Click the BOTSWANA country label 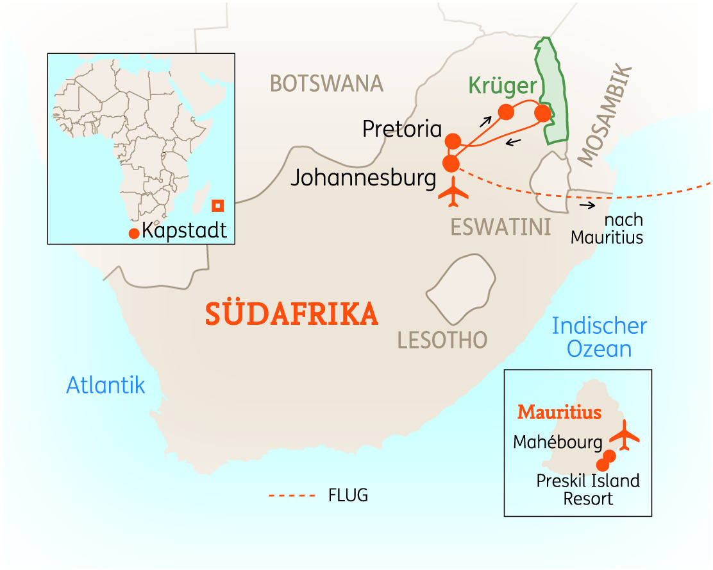pyautogui.click(x=326, y=83)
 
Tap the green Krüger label pyautogui.click(x=502, y=85)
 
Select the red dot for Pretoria pyautogui.click(x=453, y=141)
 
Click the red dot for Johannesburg pyautogui.click(x=451, y=163)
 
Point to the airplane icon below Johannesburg pyautogui.click(x=453, y=193)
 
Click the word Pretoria pyautogui.click(x=402, y=130)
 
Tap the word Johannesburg pyautogui.click(x=364, y=178)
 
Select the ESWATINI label pyautogui.click(x=501, y=227)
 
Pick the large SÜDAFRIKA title pyautogui.click(x=292, y=315)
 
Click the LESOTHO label pyautogui.click(x=442, y=340)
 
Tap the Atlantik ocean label pyautogui.click(x=106, y=385)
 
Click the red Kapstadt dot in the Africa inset pyautogui.click(x=134, y=234)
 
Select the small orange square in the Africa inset pyautogui.click(x=218, y=206)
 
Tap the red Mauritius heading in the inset pyautogui.click(x=559, y=412)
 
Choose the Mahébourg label pyautogui.click(x=558, y=442)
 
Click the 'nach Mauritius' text pyautogui.click(x=607, y=229)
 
